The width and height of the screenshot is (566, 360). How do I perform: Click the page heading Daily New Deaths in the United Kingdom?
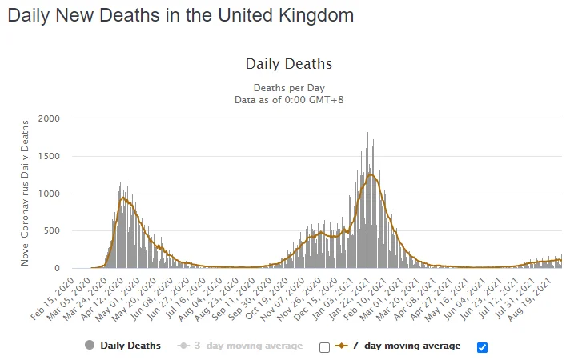[x=181, y=15]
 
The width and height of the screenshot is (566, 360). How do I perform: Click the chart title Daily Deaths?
[x=288, y=64]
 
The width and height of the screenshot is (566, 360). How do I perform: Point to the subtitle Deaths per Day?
[x=288, y=87]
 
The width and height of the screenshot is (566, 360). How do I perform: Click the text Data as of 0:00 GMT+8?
[x=288, y=99]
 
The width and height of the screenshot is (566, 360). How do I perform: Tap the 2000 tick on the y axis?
[x=49, y=118]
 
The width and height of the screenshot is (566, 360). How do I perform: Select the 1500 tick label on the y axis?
[x=49, y=156]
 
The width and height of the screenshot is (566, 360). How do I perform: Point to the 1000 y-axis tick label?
[x=49, y=194]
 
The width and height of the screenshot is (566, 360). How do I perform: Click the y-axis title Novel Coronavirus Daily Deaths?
[x=25, y=193]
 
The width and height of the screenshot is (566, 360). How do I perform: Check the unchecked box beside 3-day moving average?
[x=324, y=347]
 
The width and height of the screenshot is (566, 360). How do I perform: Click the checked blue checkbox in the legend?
[x=482, y=347]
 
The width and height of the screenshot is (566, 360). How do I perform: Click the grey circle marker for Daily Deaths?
[x=89, y=346]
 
